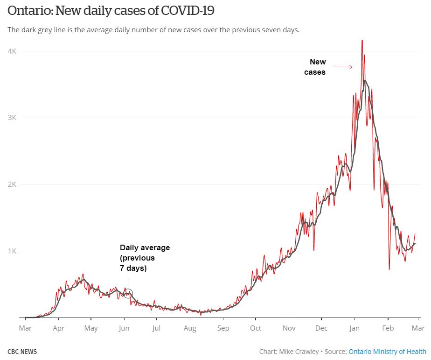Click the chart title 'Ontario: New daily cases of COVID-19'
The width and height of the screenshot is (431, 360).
click(111, 11)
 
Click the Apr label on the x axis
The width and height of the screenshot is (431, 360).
click(58, 328)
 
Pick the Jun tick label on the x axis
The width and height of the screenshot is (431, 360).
click(124, 328)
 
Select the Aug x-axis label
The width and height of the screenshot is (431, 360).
click(190, 328)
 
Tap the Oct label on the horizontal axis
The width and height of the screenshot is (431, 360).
click(256, 328)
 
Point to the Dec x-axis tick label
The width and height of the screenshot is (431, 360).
click(321, 328)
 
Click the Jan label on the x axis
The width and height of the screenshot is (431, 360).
click(355, 328)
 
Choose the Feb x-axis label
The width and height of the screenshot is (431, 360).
click(388, 328)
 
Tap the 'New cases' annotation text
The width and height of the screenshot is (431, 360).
click(316, 67)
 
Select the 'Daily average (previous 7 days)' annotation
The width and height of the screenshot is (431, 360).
click(145, 258)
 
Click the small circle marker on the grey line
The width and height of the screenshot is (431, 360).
click(128, 294)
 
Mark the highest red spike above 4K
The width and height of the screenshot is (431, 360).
click(362, 41)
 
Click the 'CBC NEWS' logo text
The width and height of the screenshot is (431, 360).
click(22, 352)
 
